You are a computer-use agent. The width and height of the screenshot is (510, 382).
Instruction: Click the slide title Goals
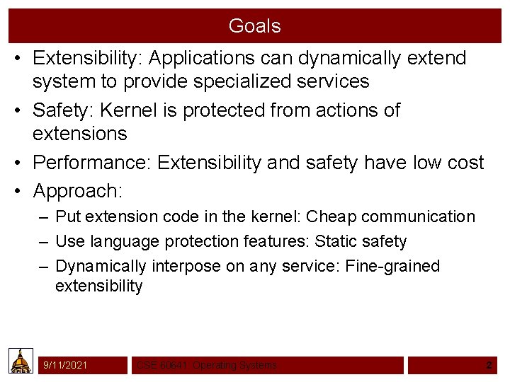254,26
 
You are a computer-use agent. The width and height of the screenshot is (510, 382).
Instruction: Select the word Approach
74,191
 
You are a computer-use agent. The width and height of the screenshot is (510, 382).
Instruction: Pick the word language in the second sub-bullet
125,242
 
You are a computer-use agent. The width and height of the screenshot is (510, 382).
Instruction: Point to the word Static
336,242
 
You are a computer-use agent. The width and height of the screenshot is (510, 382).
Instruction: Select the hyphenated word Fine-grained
392,267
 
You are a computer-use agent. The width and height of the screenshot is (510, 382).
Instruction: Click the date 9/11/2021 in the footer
65,365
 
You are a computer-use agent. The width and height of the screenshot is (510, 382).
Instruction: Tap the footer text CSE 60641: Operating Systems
206,366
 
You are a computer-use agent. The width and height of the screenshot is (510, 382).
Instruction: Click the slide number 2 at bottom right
489,365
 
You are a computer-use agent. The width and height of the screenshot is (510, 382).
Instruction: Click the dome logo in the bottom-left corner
21,361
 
